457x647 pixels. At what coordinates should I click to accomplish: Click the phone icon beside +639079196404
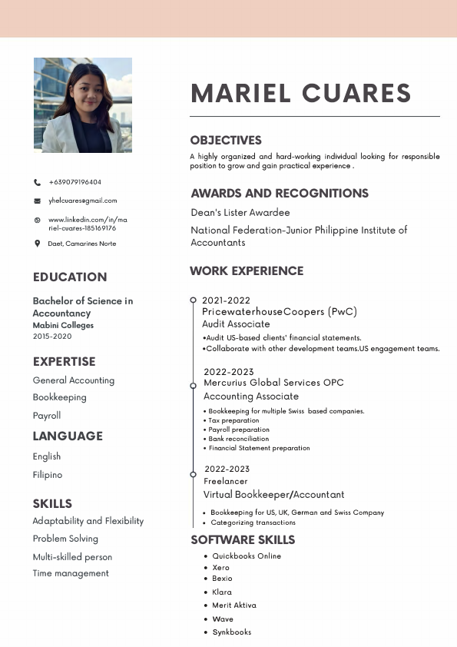(x=37, y=182)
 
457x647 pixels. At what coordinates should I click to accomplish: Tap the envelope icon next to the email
(x=37, y=201)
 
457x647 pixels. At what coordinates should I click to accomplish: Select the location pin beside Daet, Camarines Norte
(x=37, y=244)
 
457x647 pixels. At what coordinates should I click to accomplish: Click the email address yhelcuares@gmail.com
(x=82, y=201)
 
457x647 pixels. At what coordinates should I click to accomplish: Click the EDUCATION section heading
(x=70, y=277)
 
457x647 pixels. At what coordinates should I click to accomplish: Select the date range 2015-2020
(x=52, y=337)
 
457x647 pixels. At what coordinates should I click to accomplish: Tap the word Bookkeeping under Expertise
(x=59, y=397)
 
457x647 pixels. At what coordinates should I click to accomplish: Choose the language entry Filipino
(x=48, y=475)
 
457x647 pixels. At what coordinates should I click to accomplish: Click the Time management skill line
(x=71, y=573)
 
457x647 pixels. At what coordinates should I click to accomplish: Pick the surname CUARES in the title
(x=356, y=93)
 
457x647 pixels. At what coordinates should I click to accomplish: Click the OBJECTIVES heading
(x=226, y=141)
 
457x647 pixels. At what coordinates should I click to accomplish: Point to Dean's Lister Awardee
(x=240, y=212)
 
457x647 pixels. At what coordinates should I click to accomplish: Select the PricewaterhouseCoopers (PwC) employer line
(x=280, y=312)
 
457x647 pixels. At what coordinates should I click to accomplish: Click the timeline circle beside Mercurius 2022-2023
(x=193, y=386)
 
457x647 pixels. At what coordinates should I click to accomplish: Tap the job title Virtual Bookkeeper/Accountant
(x=273, y=495)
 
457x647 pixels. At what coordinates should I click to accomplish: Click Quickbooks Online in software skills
(x=247, y=556)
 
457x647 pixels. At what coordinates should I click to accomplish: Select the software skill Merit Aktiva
(x=234, y=606)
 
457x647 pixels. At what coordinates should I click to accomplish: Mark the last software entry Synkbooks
(x=231, y=632)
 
